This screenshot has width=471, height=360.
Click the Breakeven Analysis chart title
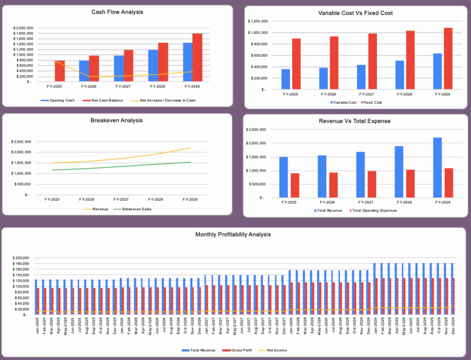116,120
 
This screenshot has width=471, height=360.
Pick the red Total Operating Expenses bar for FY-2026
334,185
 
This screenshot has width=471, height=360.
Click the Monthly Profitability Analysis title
233,235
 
